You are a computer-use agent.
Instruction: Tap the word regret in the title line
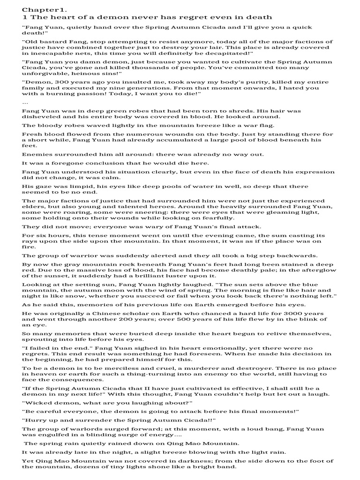(x=180, y=16)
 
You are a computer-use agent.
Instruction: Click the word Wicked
(x=37, y=403)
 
